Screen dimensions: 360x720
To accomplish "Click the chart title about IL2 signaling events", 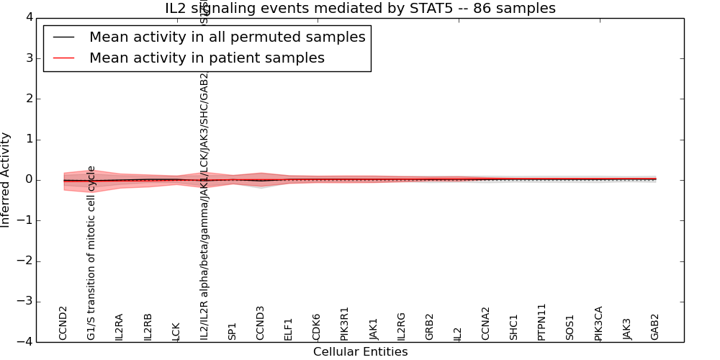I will [360, 9].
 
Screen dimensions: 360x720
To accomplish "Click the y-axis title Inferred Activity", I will [6, 180].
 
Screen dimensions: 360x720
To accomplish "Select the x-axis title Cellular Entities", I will [360, 352].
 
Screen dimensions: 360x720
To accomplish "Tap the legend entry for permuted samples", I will [227, 37].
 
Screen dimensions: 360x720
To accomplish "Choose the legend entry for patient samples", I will [207, 58].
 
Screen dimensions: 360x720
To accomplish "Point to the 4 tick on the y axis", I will [26, 17].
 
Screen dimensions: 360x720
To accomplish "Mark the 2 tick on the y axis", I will [26, 99].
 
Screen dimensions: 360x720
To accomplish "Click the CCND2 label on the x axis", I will [63, 323].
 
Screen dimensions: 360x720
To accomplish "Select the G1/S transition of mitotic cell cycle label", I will [91, 253].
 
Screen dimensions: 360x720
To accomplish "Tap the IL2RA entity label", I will [120, 326].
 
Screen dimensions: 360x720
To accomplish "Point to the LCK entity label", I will [176, 330].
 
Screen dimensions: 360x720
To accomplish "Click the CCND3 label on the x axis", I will [261, 323].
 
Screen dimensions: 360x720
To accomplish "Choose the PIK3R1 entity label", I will [345, 323].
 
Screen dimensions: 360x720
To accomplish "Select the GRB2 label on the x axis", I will [430, 326].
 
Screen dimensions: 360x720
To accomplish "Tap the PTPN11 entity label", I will [542, 321].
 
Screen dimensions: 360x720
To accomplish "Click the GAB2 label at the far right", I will [655, 326].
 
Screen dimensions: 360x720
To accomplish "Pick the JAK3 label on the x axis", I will [627, 328].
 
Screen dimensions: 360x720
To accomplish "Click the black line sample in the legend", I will [64, 37].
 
